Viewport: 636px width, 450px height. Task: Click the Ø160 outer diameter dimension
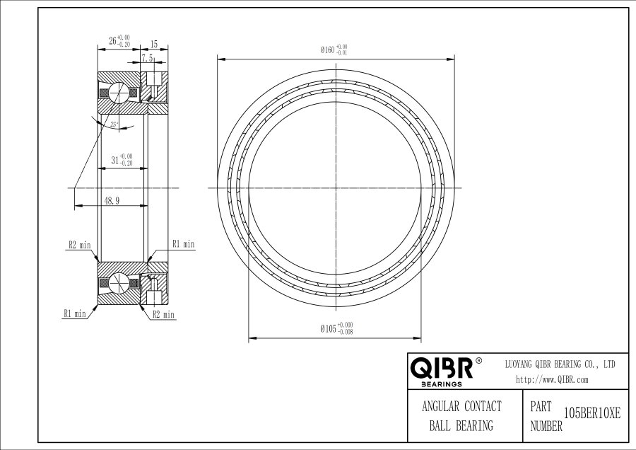click(x=334, y=50)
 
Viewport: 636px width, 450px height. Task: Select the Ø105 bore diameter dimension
click(x=336, y=328)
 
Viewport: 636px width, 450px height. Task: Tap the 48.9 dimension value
click(x=112, y=201)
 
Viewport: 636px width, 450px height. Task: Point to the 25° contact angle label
click(x=114, y=125)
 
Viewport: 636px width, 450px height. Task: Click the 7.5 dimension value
click(x=147, y=58)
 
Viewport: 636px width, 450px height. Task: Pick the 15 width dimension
click(x=154, y=44)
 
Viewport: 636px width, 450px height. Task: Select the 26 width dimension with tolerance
click(x=119, y=41)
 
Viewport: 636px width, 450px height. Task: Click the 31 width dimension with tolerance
click(x=122, y=160)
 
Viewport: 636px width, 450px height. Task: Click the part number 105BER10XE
click(x=592, y=414)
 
